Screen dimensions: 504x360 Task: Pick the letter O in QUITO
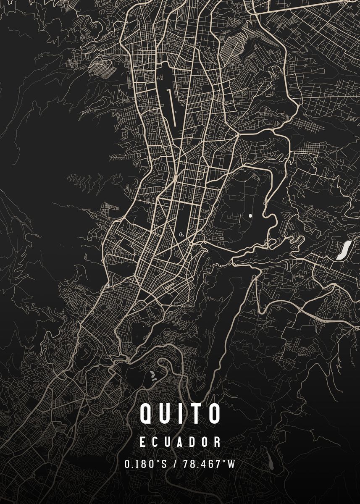point(213,413)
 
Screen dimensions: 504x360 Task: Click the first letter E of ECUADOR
point(143,442)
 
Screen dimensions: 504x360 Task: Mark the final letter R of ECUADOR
point(217,442)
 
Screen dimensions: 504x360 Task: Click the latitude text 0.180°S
point(145,464)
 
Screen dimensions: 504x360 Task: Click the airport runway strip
point(172,107)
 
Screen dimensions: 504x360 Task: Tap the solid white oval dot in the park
point(251,215)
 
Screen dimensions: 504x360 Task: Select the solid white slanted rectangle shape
point(344,250)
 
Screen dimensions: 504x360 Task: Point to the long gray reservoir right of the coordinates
point(269,460)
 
